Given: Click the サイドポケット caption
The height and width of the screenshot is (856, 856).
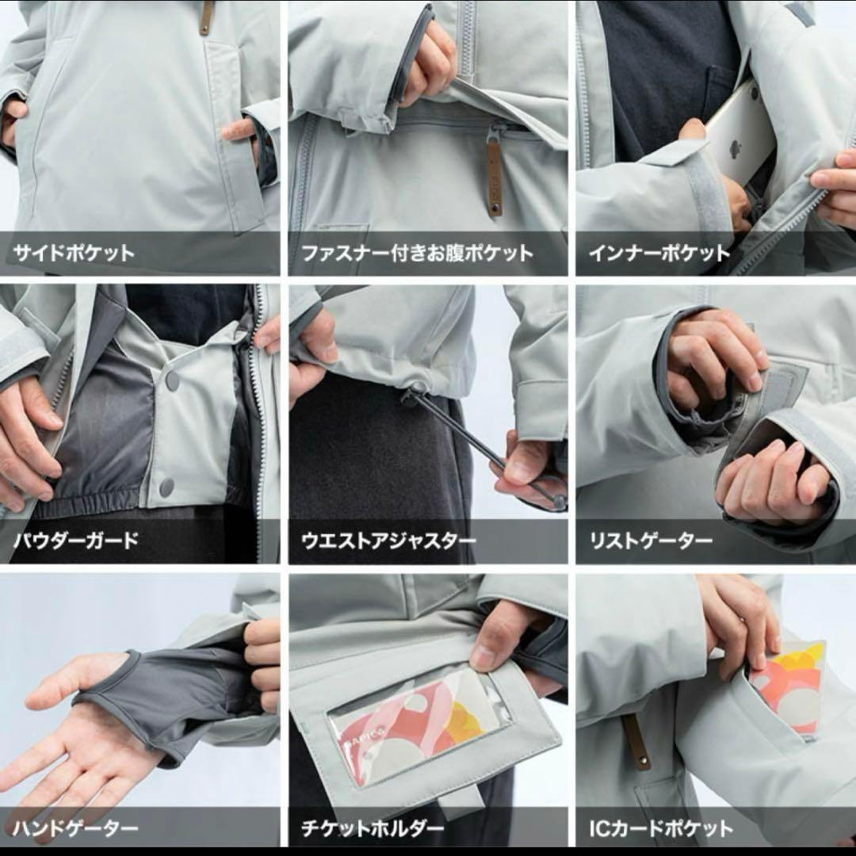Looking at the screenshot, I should pos(74,254).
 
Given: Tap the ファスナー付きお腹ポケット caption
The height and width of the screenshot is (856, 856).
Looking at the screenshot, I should pos(417,254).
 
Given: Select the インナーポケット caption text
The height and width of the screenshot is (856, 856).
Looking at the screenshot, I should pos(659,254).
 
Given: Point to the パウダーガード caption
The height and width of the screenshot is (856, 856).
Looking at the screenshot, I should pos(76,541).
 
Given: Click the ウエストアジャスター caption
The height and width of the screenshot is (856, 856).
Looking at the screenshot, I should pos(388,541).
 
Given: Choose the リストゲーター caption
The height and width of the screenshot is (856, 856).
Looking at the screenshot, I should pos(651,541).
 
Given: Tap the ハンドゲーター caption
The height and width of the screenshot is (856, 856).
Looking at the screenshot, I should pos(76,829).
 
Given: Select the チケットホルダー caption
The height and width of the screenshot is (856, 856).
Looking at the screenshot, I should pos(373,829).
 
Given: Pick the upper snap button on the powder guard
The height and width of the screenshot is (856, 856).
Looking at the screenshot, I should pos(172,380).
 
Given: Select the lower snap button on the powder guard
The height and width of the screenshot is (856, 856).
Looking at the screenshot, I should pos(166,487).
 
